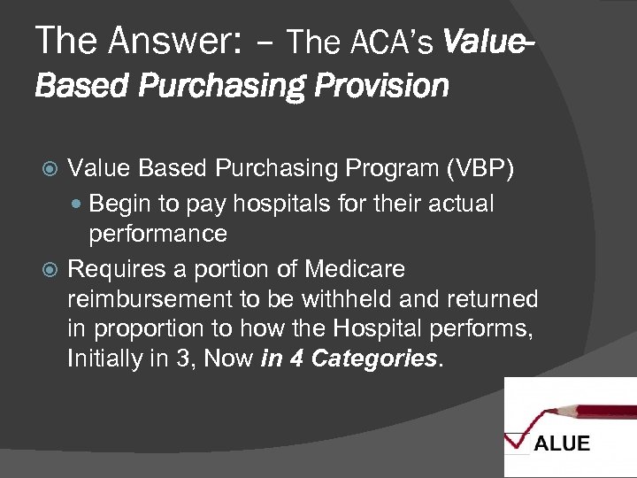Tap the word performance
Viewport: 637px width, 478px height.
point(157,235)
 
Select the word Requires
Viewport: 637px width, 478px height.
point(114,267)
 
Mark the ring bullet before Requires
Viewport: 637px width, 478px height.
point(50,268)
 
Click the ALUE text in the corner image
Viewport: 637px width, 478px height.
point(561,443)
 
